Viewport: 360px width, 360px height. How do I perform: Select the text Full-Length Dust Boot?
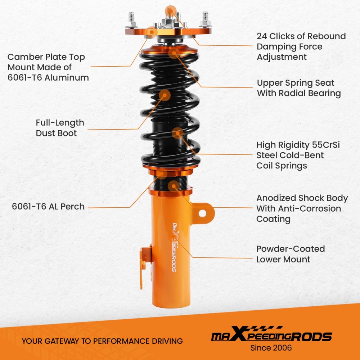[60, 128]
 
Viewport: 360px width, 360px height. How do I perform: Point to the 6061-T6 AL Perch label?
[48, 207]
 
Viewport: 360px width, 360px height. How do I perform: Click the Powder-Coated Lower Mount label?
[291, 254]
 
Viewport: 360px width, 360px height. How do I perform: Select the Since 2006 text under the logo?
[271, 348]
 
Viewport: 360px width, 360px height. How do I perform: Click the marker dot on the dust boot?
[165, 95]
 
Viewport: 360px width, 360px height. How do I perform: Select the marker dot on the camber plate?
[152, 32]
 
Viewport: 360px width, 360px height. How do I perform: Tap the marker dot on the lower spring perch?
[162, 173]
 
